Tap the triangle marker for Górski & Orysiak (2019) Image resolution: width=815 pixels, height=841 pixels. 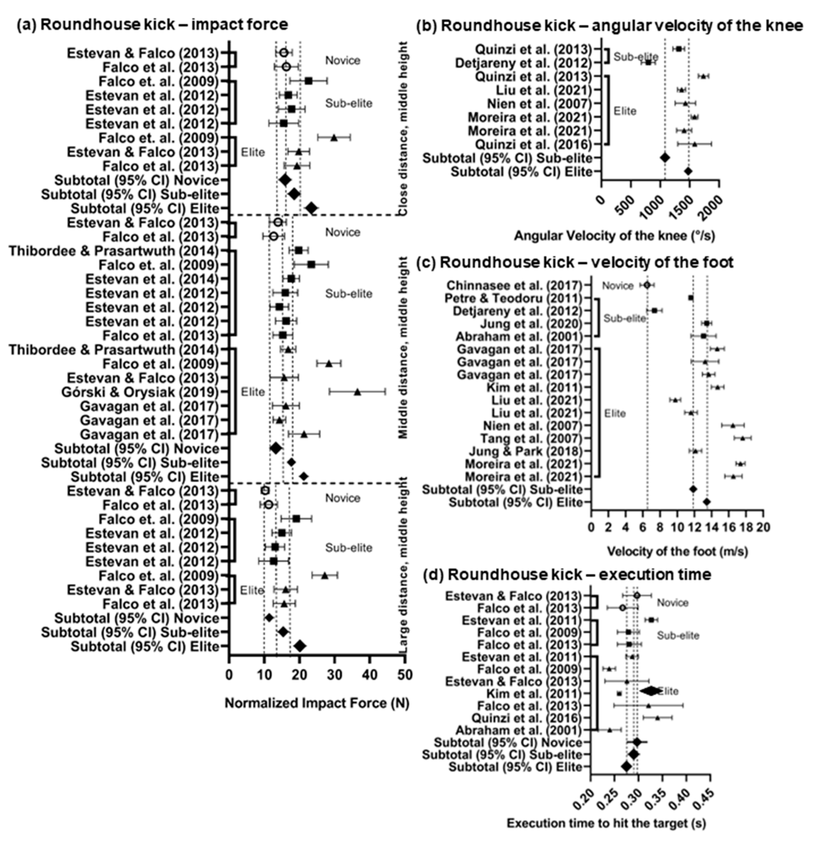coord(357,392)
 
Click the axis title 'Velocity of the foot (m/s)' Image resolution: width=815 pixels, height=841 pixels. coord(677,551)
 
